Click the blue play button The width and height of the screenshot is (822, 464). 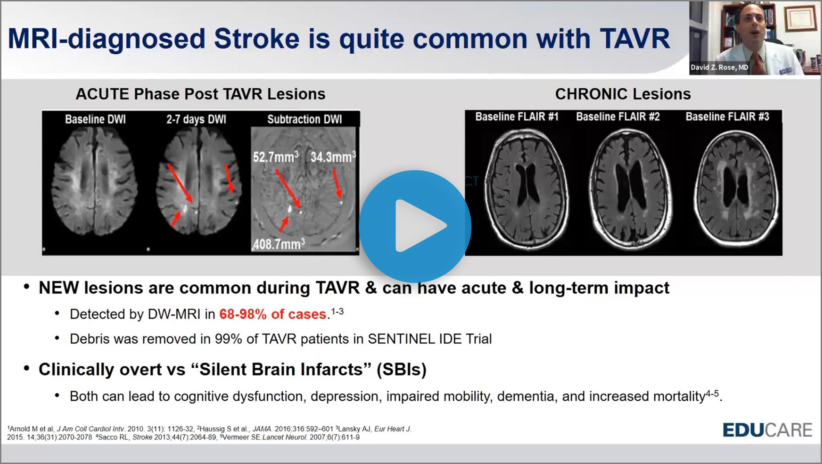tap(415, 226)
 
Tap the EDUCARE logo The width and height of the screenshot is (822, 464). tap(767, 430)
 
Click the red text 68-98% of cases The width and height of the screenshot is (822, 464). tap(273, 314)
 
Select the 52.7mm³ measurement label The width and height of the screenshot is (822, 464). tap(275, 157)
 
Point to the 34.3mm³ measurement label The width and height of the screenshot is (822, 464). tap(333, 157)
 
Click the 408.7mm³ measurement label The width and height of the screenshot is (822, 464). tap(279, 244)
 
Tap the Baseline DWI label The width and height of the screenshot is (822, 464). tap(95, 119)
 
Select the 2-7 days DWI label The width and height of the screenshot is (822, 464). tap(196, 119)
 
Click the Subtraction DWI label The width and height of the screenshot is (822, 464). tap(304, 119)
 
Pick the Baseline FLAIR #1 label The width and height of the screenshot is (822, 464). tap(517, 117)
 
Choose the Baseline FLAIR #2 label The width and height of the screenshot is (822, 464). tap(618, 117)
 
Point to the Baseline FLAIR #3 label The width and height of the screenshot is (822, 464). tap(727, 117)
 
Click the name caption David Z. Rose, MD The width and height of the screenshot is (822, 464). tap(719, 67)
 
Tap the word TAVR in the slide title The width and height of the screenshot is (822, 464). tap(635, 39)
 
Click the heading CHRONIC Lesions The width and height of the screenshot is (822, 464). tap(623, 94)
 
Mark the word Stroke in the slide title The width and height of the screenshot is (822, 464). tap(257, 39)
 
